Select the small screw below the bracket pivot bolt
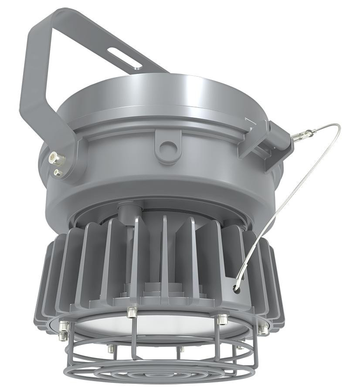[x=57, y=173]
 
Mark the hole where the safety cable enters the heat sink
[x=236, y=288]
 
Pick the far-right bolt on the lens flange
[x=263, y=330]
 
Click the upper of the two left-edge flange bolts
[x=64, y=325]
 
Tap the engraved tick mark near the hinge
[x=248, y=118]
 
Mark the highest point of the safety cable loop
[x=336, y=125]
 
